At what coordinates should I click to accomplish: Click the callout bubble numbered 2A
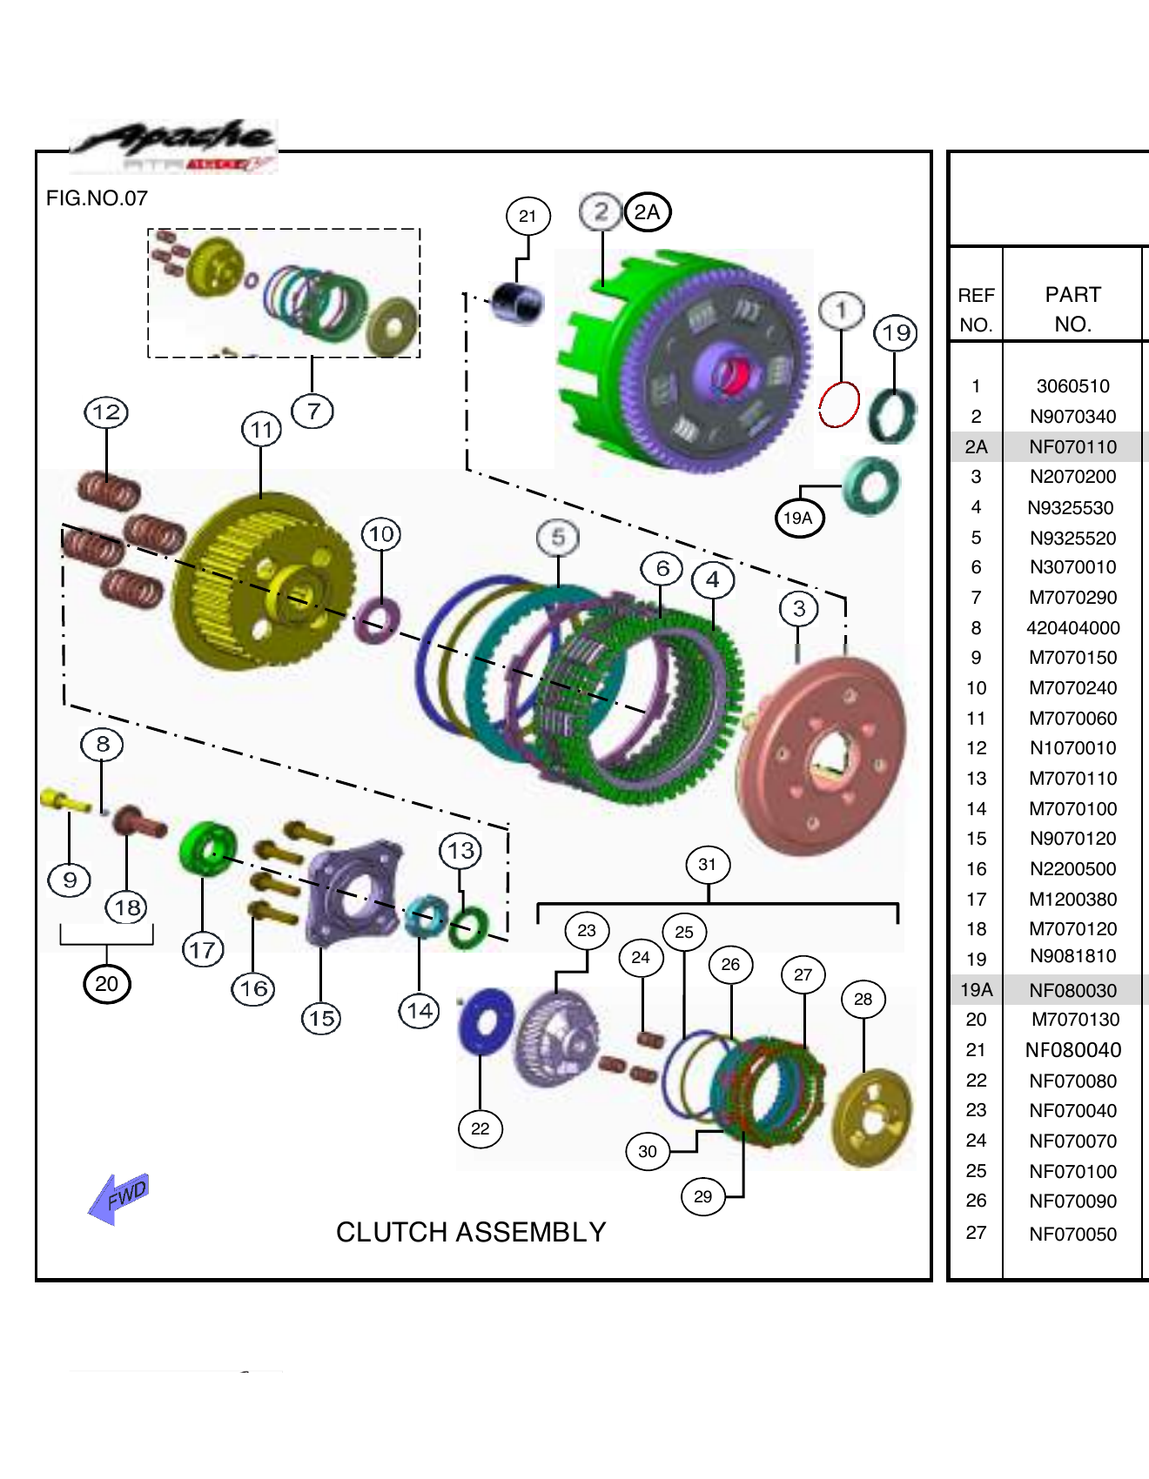coord(648,212)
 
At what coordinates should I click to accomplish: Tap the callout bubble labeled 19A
coord(798,519)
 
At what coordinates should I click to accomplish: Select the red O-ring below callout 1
coord(839,405)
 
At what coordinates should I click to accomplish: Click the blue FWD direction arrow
coord(119,1198)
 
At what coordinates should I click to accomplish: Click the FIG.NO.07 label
coord(97,198)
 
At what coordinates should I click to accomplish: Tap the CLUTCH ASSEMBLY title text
coord(471,1232)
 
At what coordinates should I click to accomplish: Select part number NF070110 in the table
coord(1072,447)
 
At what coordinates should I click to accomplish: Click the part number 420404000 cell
coord(1072,628)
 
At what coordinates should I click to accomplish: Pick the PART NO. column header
coord(1072,309)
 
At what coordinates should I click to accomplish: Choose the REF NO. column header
coord(976,309)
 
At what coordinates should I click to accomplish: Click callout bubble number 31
coord(707,865)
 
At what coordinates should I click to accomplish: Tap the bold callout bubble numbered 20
coord(106,984)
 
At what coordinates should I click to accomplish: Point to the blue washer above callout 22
coord(486,1021)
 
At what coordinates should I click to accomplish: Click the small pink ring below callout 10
coord(378,619)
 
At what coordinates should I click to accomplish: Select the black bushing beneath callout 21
coord(517,303)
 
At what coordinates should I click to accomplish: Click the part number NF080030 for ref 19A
coord(1072,990)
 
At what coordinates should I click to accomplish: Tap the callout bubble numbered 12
coord(106,412)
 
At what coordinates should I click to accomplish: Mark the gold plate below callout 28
coord(872,1119)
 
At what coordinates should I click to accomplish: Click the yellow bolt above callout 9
coord(64,800)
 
